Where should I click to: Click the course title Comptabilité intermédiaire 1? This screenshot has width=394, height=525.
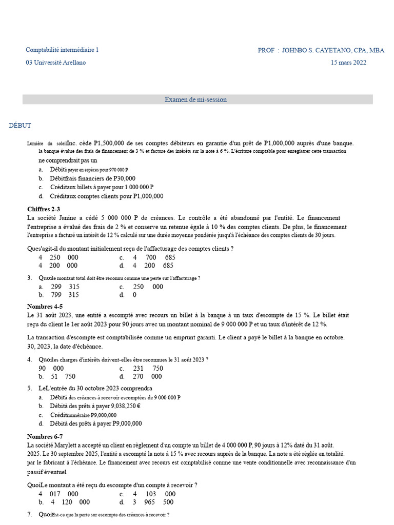pyautogui.click(x=62, y=50)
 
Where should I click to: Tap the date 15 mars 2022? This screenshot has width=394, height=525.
pyautogui.click(x=348, y=63)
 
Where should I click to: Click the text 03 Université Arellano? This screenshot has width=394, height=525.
pyautogui.click(x=56, y=63)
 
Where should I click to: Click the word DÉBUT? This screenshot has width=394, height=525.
pyautogui.click(x=20, y=126)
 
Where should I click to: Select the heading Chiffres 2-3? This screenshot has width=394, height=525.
pyautogui.click(x=44, y=209)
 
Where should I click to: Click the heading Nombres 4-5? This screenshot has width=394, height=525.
pyautogui.click(x=45, y=307)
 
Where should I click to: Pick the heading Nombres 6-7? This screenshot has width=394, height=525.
pyautogui.click(x=45, y=437)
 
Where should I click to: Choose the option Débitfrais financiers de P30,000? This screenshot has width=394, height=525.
pyautogui.click(x=85, y=178)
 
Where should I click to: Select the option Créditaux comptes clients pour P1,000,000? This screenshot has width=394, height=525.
pyautogui.click(x=107, y=196)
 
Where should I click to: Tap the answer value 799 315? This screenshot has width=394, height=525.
pyautogui.click(x=65, y=295)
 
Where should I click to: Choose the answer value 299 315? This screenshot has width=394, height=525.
pyautogui.click(x=65, y=287)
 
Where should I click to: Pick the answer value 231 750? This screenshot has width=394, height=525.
pyautogui.click(x=148, y=368)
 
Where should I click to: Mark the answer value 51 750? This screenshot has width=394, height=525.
pyautogui.click(x=64, y=376)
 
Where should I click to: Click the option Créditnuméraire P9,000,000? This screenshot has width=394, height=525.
pyautogui.click(x=83, y=415)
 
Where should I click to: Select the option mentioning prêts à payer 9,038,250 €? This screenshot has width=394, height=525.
pyautogui.click(x=95, y=407)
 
